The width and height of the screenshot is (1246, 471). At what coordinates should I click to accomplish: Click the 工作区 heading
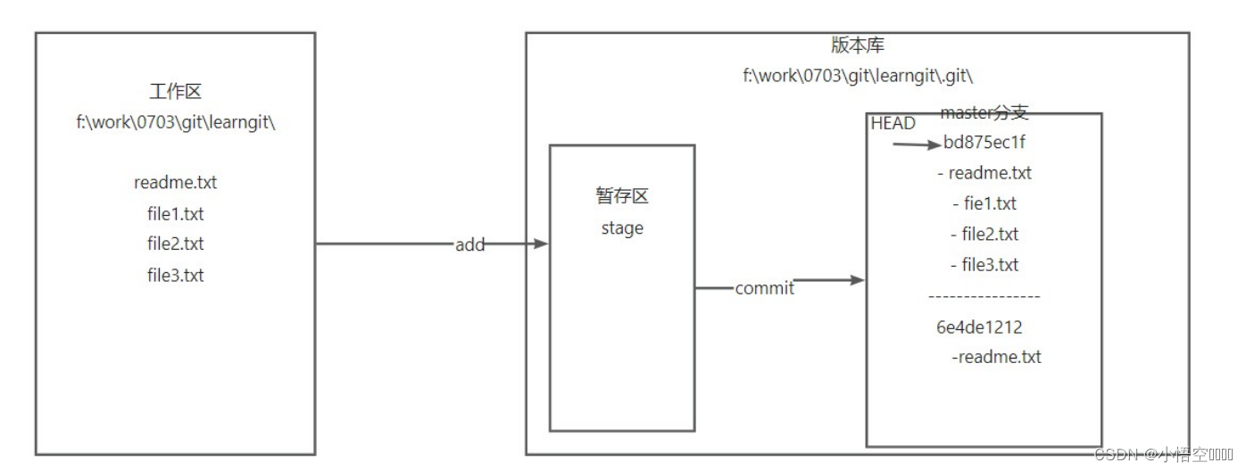[175, 92]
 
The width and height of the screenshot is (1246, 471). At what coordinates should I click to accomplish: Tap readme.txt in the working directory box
[175, 183]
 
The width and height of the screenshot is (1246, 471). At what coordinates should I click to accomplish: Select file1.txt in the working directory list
[175, 214]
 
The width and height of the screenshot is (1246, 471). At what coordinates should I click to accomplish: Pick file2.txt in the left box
[175, 244]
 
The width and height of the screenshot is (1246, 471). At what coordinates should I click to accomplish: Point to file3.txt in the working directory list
[175, 275]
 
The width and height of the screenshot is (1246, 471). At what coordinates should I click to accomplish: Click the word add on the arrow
[469, 244]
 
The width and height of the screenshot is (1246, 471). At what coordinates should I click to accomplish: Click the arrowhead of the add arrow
[540, 244]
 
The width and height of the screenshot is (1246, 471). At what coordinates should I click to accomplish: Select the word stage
[621, 227]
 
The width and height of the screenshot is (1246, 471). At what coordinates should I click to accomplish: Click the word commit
[764, 288]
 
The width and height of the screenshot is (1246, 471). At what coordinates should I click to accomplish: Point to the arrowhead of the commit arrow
[859, 280]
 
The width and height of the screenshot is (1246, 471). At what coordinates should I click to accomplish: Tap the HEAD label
[893, 124]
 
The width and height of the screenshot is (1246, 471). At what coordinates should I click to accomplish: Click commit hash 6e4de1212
[979, 327]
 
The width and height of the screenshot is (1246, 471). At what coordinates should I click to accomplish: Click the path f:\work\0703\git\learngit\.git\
[856, 76]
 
